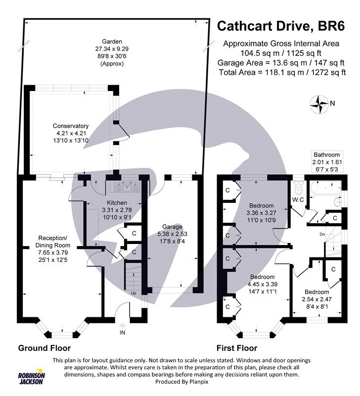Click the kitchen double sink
click(x=127, y=187)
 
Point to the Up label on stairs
click(x=133, y=294)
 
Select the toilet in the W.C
click(x=298, y=188)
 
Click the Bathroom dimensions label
click(x=326, y=162)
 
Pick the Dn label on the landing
click(x=321, y=235)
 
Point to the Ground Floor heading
click(x=45, y=347)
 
